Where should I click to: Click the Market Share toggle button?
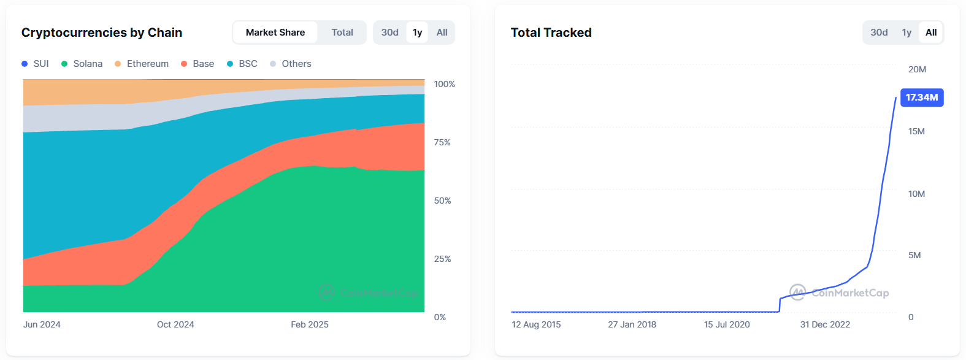point(275,33)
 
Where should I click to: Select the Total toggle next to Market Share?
point(342,33)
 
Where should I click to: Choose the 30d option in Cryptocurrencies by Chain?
point(389,33)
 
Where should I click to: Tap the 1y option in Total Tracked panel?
point(907,33)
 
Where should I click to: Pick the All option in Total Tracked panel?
point(930,33)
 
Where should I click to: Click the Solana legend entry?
point(82,64)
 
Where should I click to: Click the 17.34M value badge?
point(921,98)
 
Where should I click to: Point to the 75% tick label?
point(442,142)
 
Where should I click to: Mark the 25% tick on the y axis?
point(442,259)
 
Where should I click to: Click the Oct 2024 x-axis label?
point(175,324)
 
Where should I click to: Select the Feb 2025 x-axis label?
point(310,324)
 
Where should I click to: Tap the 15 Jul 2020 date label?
point(727,324)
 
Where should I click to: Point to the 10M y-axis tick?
point(916,194)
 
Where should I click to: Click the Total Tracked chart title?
point(551,33)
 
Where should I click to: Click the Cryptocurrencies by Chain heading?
point(102,33)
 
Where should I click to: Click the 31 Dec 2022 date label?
point(825,324)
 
